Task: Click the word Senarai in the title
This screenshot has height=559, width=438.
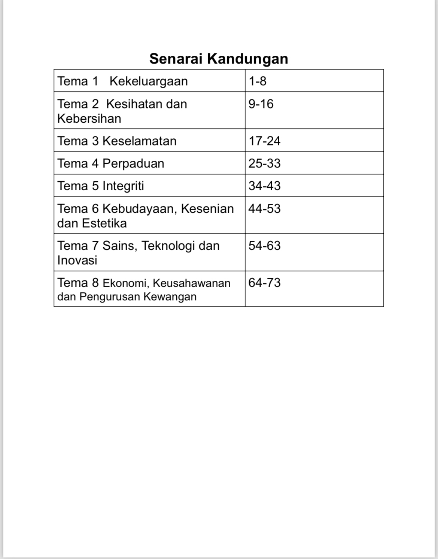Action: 176,59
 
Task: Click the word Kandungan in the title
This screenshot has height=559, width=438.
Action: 247,59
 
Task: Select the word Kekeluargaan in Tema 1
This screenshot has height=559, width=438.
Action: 149,81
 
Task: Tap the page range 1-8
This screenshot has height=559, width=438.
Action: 258,81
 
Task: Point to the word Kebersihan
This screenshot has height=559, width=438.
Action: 89,119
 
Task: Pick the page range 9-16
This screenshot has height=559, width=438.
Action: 261,104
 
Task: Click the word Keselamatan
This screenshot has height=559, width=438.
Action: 139,141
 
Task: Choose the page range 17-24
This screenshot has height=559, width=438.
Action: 264,141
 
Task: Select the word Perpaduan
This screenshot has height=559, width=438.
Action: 133,163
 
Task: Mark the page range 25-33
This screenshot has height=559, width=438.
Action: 264,163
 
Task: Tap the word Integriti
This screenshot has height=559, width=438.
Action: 123,186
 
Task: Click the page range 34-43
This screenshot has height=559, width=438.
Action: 264,186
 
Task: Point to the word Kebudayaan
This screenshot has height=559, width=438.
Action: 139,209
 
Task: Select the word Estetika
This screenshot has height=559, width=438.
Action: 104,223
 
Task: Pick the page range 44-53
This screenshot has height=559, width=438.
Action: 264,209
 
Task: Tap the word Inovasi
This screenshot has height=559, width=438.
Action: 77,260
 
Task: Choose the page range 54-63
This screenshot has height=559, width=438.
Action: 264,246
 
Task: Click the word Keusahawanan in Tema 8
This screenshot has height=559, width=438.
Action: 192,283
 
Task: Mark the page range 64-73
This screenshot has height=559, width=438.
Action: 264,283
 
